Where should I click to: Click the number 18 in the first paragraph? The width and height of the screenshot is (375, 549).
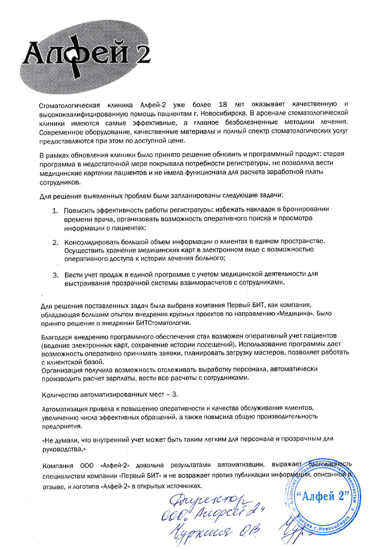(223, 105)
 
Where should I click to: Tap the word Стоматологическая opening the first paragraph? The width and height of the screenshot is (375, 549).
(69, 106)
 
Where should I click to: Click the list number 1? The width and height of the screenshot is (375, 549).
(55, 211)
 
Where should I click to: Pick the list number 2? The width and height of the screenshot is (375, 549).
(55, 242)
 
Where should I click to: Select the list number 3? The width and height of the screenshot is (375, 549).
(56, 275)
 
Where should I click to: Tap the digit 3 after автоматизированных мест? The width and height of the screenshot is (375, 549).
(175, 394)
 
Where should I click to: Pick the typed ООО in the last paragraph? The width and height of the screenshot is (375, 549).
(87, 466)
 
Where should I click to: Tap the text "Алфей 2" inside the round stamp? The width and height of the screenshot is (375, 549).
(322, 496)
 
